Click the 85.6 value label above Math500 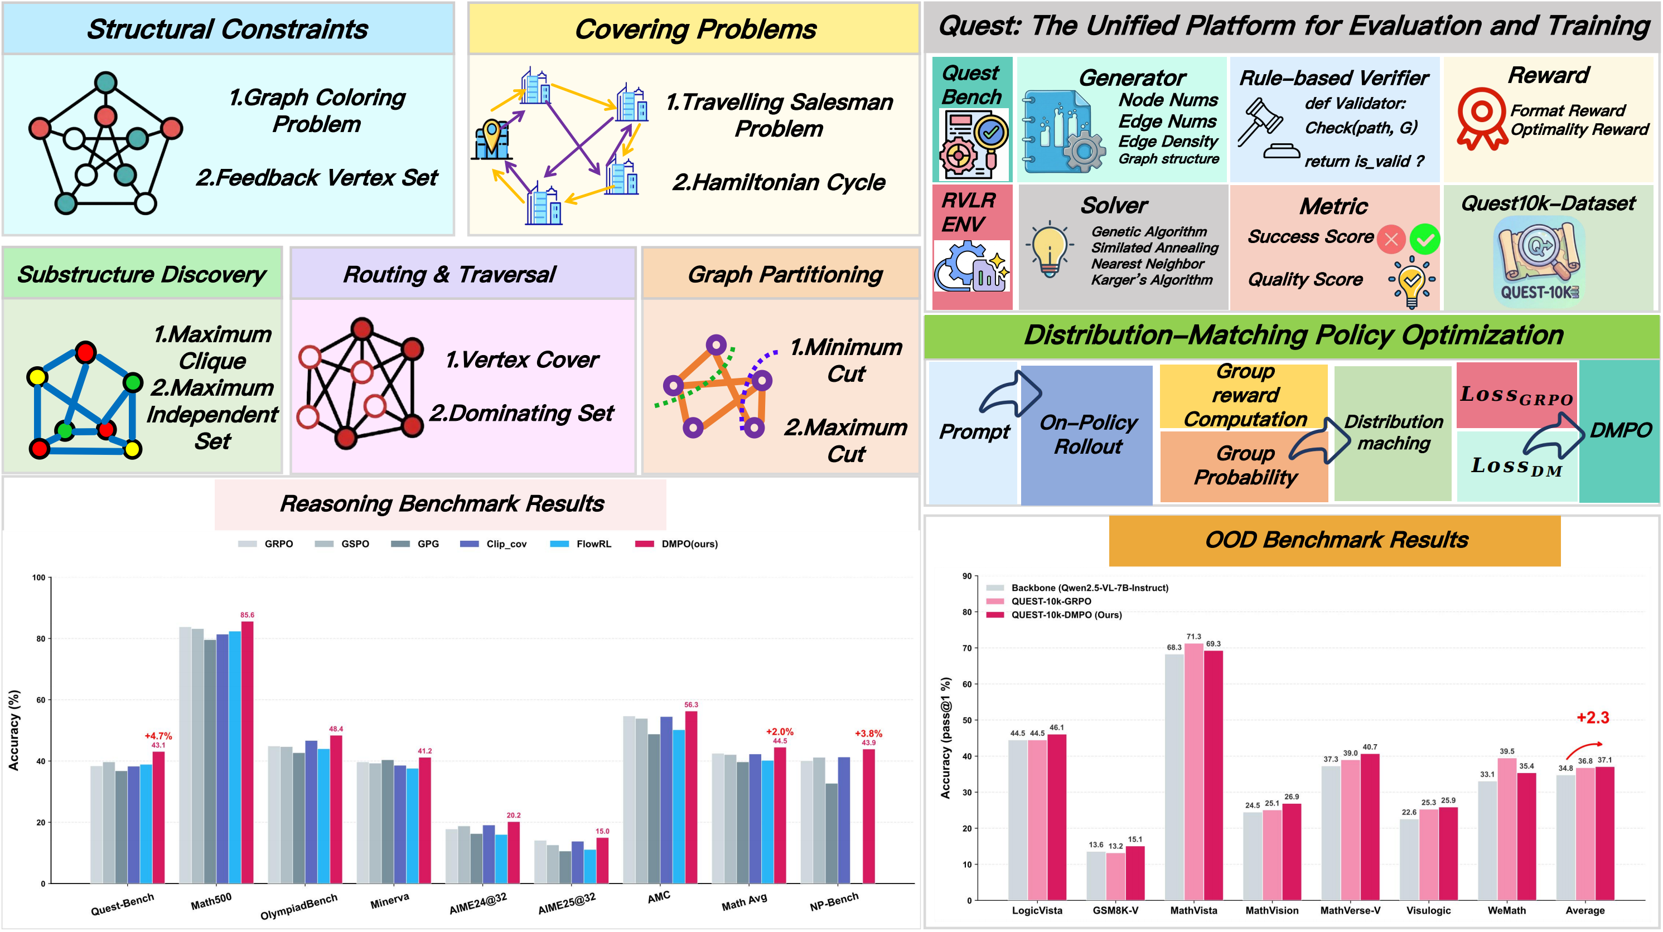pos(247,614)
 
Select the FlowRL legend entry pos(581,544)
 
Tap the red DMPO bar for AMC pos(691,797)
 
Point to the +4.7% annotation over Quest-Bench pos(158,736)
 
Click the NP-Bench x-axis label pos(834,902)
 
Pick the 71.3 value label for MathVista pos(1193,637)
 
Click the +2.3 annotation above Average pos(1593,718)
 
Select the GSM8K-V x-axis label pos(1115,911)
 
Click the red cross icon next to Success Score pos(1391,240)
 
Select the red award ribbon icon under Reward pos(1481,118)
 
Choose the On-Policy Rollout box pos(1087,434)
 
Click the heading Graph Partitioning pos(785,274)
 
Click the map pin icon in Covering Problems pos(492,136)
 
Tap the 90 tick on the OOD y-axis pos(966,576)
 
